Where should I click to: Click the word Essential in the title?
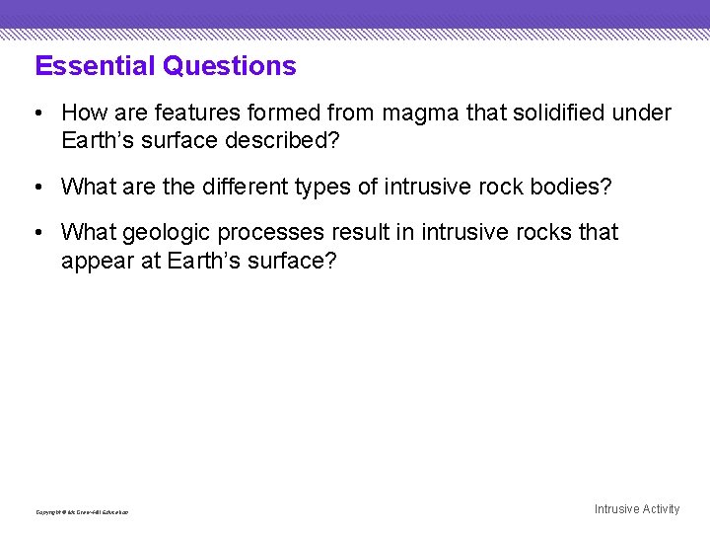[96, 66]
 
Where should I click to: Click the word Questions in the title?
[230, 66]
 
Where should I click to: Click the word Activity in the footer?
[661, 509]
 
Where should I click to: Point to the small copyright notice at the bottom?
[82, 512]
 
